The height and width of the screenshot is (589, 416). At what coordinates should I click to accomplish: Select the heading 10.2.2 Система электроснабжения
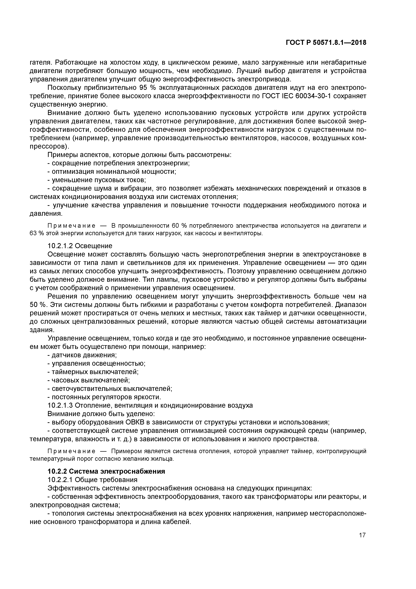[x=106, y=471]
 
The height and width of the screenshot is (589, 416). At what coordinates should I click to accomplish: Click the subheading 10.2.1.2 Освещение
[x=80, y=246]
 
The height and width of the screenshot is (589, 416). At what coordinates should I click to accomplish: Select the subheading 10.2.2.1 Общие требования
[x=93, y=480]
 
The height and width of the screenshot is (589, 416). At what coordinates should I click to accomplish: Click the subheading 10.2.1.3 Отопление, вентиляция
[x=150, y=405]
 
